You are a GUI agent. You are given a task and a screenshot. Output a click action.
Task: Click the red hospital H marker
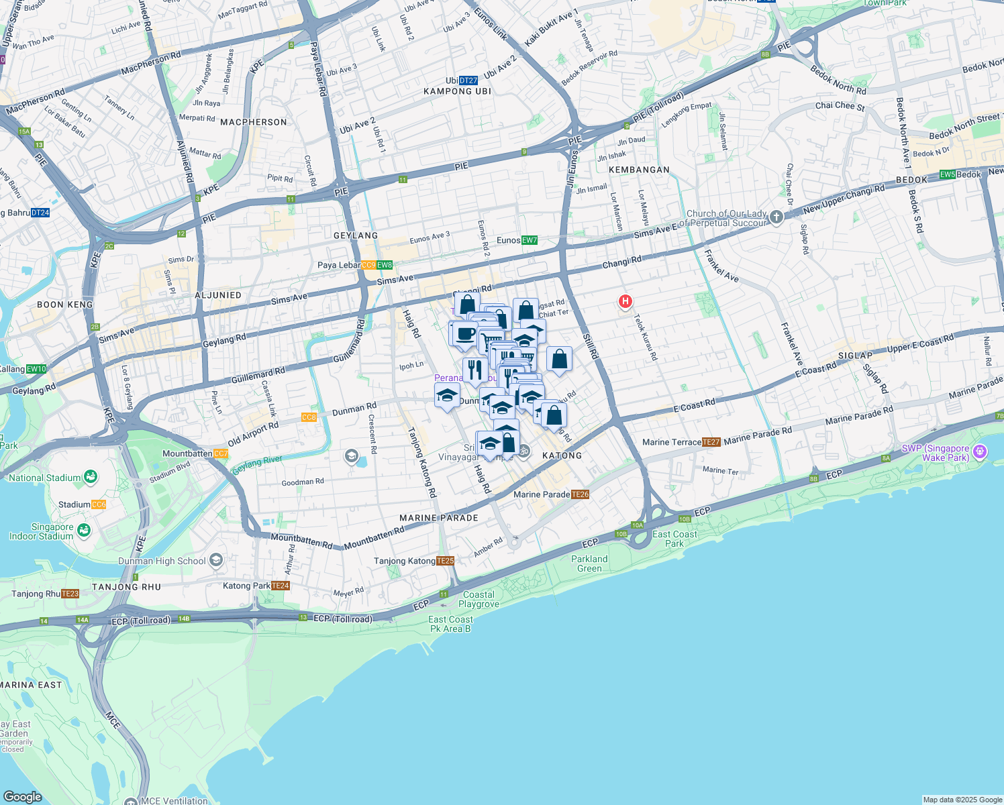pos(625,302)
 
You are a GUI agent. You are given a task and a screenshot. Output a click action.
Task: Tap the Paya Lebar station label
pos(339,265)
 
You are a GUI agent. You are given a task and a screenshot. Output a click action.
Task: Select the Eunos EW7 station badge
pos(530,240)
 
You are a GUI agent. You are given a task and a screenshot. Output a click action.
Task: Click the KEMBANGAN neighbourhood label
pos(639,170)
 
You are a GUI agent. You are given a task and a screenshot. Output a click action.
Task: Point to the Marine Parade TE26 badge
pos(581,494)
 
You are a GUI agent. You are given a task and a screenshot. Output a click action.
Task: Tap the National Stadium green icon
pos(91,477)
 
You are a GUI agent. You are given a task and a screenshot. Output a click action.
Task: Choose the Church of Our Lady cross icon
pos(776,217)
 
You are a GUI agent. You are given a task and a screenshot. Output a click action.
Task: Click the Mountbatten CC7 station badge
pos(221,454)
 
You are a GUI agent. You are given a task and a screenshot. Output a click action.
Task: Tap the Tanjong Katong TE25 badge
pos(446,561)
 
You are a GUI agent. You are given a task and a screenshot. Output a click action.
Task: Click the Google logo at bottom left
pos(23,796)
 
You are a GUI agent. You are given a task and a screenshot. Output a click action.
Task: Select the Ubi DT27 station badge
pos(468,80)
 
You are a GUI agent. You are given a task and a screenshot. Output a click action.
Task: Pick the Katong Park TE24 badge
pos(281,586)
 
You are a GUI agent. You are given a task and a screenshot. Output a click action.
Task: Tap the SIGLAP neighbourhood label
pos(855,356)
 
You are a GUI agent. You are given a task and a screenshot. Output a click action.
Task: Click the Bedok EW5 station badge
pos(947,174)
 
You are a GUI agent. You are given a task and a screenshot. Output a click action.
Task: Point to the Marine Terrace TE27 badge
pos(711,442)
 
